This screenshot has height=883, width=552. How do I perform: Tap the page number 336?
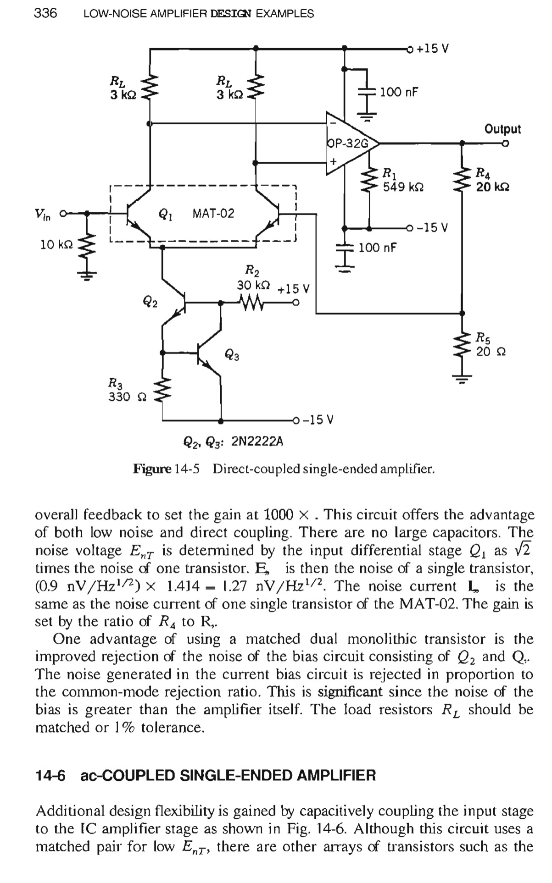point(45,13)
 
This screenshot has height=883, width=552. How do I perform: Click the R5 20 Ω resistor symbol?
point(463,345)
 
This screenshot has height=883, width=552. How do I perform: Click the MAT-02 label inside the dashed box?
point(213,213)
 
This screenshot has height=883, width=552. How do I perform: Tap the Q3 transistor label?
point(232,354)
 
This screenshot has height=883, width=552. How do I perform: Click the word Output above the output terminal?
point(503,129)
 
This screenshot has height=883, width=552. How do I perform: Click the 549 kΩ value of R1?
point(403,187)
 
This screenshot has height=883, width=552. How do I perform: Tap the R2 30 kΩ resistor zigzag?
point(251,303)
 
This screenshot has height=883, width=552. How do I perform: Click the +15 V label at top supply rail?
point(433,48)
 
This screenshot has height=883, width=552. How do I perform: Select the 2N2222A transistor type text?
point(257,441)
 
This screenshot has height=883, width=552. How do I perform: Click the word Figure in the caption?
point(152,469)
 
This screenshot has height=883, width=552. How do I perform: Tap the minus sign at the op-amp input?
point(334,123)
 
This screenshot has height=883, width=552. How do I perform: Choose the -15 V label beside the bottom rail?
point(318,419)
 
